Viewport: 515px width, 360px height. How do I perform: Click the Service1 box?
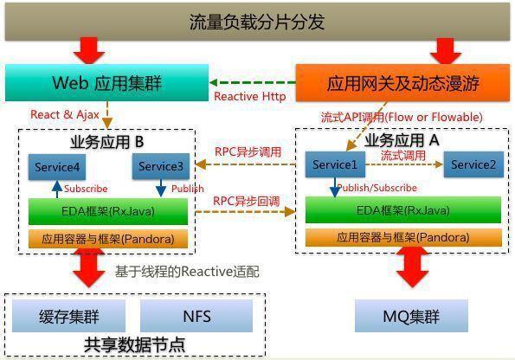[335, 164]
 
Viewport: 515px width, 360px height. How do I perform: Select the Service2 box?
[473, 164]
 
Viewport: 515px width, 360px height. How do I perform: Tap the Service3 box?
[161, 166]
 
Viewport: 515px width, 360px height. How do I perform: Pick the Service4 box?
[57, 167]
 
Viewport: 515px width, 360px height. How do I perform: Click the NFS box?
[196, 316]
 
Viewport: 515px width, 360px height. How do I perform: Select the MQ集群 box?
[411, 316]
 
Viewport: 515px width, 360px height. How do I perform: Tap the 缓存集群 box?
[68, 316]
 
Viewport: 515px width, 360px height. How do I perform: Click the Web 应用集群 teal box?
[106, 83]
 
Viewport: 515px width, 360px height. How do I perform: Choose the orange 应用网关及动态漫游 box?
[402, 83]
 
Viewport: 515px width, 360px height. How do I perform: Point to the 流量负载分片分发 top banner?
[257, 22]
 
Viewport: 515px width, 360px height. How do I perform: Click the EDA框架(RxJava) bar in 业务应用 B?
[108, 211]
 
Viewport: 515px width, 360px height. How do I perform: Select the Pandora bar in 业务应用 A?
[403, 237]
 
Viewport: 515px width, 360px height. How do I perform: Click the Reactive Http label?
[250, 97]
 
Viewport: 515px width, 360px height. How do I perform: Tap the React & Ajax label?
[65, 114]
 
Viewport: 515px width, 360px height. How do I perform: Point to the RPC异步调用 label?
[248, 152]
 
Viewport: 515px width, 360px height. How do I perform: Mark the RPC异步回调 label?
[247, 201]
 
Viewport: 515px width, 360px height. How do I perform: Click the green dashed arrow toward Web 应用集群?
[252, 82]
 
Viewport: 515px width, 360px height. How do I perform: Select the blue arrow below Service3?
[161, 188]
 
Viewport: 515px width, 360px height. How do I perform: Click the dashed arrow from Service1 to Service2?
[404, 164]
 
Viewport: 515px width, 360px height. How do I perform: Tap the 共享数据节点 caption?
[135, 344]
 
